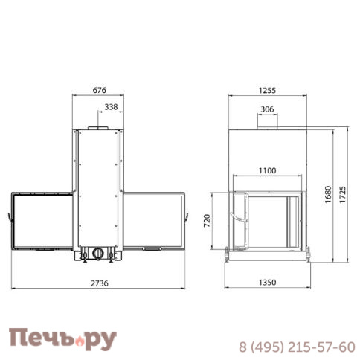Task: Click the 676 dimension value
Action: point(100,90)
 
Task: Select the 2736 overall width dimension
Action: point(99,282)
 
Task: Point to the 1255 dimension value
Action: point(268,90)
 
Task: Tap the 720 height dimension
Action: point(207,221)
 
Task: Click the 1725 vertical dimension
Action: point(344,195)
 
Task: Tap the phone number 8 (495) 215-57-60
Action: point(296,347)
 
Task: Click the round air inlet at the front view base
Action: point(97,253)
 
